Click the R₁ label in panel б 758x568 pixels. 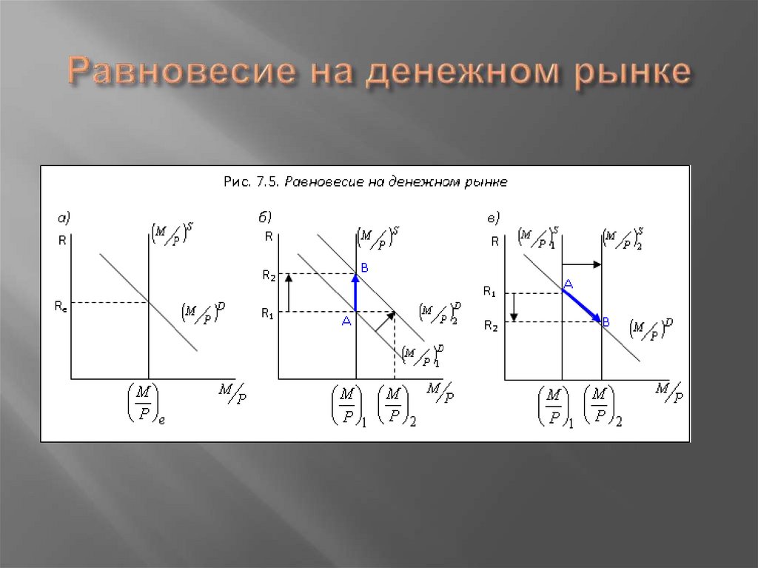point(268,313)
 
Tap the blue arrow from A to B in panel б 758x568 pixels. point(356,293)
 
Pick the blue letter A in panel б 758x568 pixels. point(345,321)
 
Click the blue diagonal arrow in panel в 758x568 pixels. point(582,305)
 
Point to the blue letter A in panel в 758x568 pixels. point(568,283)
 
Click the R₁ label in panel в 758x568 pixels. point(489,293)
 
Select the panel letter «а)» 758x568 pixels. point(64,218)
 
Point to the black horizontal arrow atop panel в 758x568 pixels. point(582,264)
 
